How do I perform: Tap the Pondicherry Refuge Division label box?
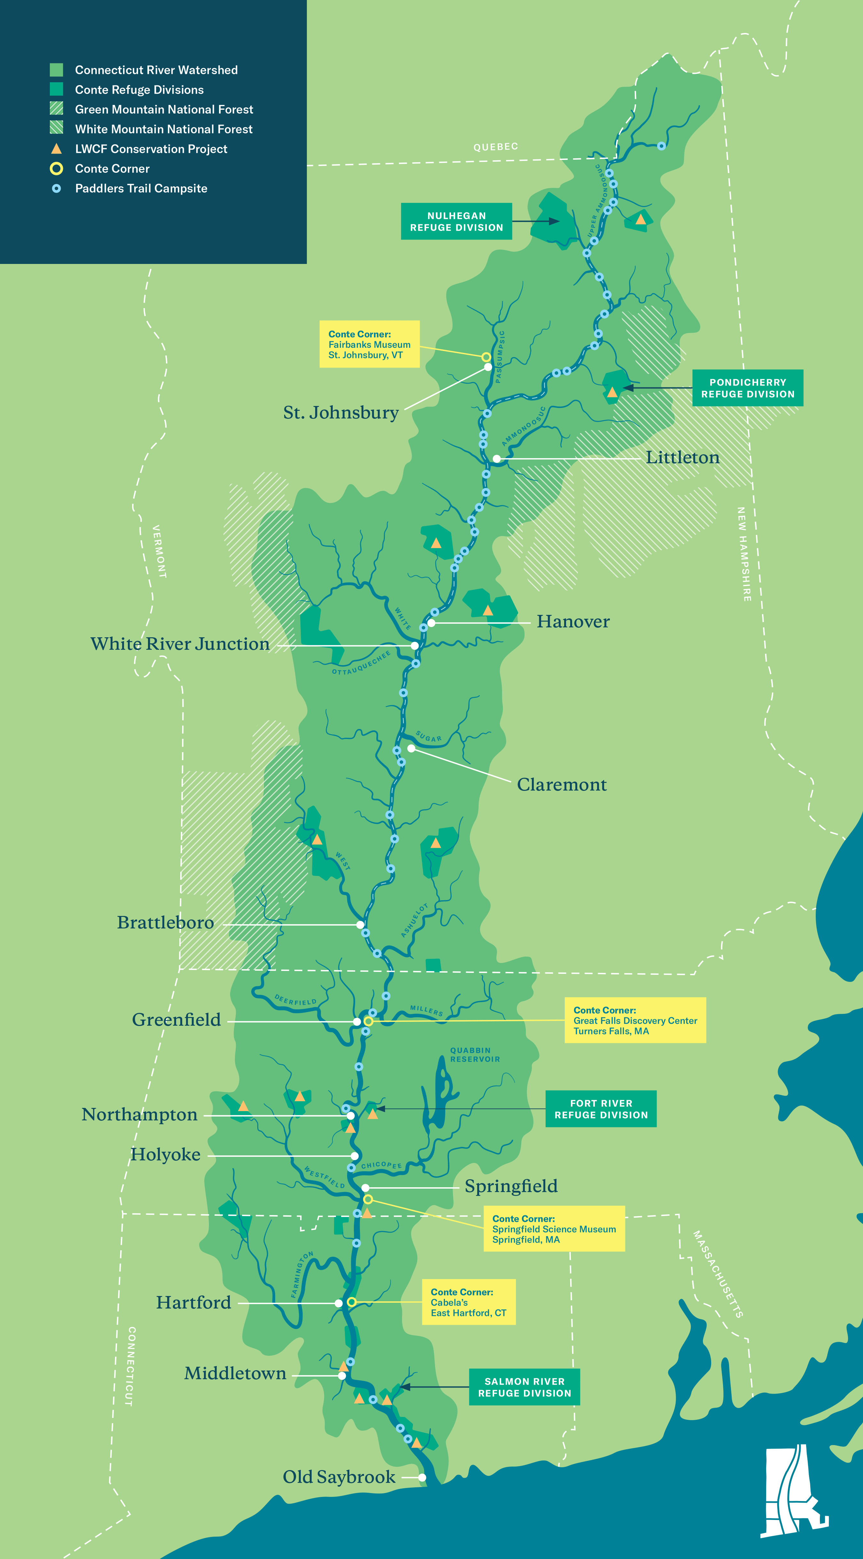(x=748, y=388)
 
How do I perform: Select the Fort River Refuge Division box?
(x=601, y=1109)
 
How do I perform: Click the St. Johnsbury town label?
(x=341, y=413)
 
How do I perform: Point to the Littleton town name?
(x=682, y=457)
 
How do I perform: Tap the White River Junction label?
(x=180, y=644)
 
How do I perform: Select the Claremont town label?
(x=561, y=785)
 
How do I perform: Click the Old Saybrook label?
(x=339, y=1477)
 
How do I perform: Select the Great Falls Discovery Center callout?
(x=635, y=1020)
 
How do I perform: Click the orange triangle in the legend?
(x=56, y=149)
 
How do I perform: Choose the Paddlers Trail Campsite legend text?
(x=141, y=188)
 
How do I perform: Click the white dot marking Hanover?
(x=431, y=623)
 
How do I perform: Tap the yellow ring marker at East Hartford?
(x=351, y=1302)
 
